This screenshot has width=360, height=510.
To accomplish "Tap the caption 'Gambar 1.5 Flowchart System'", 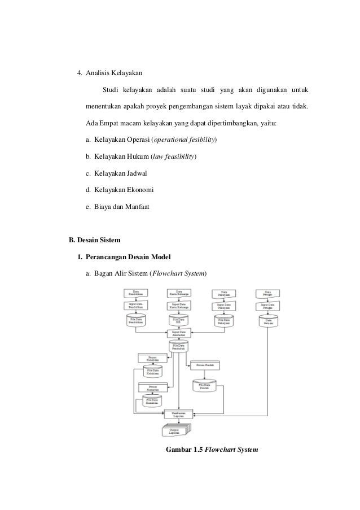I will tap(211, 450).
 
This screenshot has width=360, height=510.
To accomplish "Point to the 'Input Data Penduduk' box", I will tap(178, 333).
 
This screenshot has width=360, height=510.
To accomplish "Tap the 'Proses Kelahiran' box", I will tap(150, 358).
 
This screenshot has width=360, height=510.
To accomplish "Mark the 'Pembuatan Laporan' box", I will tap(178, 414).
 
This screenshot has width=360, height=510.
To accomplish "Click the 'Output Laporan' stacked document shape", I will tap(177, 430).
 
